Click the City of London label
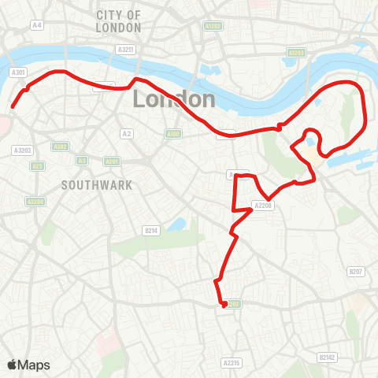(119, 21)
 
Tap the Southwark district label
(97, 185)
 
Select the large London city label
(174, 99)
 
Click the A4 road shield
(37, 25)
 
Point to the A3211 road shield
(126, 50)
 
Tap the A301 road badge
(19, 72)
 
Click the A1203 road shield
(297, 53)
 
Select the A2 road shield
(126, 133)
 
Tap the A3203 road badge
(22, 150)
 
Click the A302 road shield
(60, 146)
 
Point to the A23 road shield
(37, 166)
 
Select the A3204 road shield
(35, 202)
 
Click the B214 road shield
(152, 230)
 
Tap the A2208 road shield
(262, 206)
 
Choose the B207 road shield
(357, 272)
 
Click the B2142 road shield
(327, 357)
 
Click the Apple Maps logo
(28, 365)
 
